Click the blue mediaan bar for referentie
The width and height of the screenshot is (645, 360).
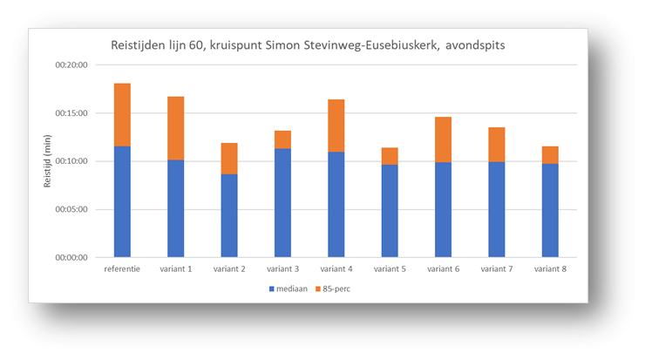tap(121, 201)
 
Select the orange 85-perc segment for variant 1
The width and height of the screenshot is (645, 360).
tap(175, 128)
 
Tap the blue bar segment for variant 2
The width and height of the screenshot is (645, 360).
tap(229, 215)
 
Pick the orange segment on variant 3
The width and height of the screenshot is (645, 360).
tap(283, 139)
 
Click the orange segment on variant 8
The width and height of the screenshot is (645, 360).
tap(550, 154)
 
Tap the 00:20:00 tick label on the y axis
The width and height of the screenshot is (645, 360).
tap(71, 65)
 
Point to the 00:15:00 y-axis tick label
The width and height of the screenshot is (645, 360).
tap(71, 113)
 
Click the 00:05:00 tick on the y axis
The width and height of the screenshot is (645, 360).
tap(71, 209)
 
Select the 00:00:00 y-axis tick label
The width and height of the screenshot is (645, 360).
tap(71, 257)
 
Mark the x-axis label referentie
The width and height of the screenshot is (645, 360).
tap(121, 269)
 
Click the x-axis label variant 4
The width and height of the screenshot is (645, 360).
tap(336, 269)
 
